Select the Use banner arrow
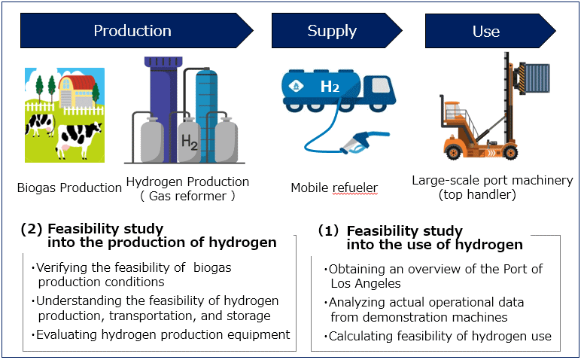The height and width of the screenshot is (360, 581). click(x=490, y=31)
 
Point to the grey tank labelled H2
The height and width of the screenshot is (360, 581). click(x=189, y=140)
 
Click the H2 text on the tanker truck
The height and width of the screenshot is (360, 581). click(x=330, y=87)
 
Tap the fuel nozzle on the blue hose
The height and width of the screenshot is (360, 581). click(x=365, y=142)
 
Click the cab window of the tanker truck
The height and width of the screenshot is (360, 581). click(x=381, y=85)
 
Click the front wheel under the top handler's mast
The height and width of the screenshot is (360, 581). click(x=510, y=152)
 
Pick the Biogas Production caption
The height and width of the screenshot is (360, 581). click(x=69, y=188)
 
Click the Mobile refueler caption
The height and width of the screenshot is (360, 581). click(x=334, y=188)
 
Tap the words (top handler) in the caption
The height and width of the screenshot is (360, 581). click(x=477, y=194)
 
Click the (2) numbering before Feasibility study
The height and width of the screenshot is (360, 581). click(x=32, y=229)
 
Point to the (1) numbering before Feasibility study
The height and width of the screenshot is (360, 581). click(x=328, y=230)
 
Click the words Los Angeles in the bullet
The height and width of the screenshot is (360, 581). click(x=366, y=283)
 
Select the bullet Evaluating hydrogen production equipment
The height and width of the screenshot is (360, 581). click(x=160, y=334)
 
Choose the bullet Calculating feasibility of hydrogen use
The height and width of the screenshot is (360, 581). click(x=437, y=336)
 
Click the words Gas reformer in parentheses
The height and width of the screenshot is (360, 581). click(x=187, y=196)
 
